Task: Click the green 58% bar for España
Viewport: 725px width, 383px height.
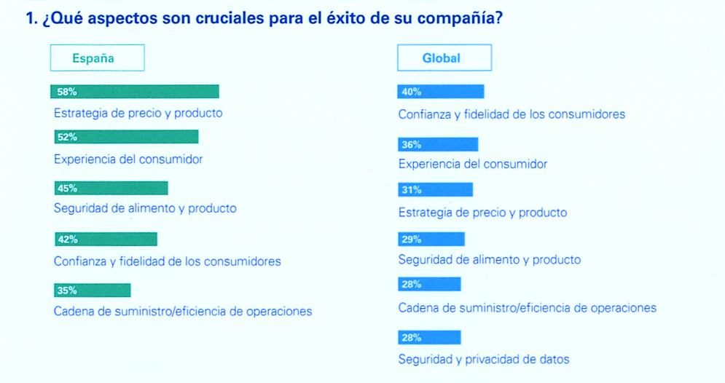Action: (135, 92)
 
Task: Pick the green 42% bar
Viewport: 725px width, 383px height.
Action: (106, 239)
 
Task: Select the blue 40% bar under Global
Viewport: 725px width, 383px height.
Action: (441, 92)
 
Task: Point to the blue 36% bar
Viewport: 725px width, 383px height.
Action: (438, 144)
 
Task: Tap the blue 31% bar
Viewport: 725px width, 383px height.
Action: (435, 190)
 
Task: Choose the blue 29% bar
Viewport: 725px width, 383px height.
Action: (431, 239)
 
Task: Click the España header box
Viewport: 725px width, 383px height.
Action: (97, 58)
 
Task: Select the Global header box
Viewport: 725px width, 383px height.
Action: (444, 58)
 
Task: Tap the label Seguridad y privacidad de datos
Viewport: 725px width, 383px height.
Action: (484, 359)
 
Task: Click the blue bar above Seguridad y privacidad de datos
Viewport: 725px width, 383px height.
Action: (430, 337)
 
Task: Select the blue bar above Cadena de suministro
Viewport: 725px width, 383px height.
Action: (430, 284)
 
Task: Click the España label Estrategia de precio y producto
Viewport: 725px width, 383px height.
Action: (138, 114)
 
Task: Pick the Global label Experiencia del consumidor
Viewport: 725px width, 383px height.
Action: (473, 165)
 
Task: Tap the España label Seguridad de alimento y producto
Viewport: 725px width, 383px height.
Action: (145, 208)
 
